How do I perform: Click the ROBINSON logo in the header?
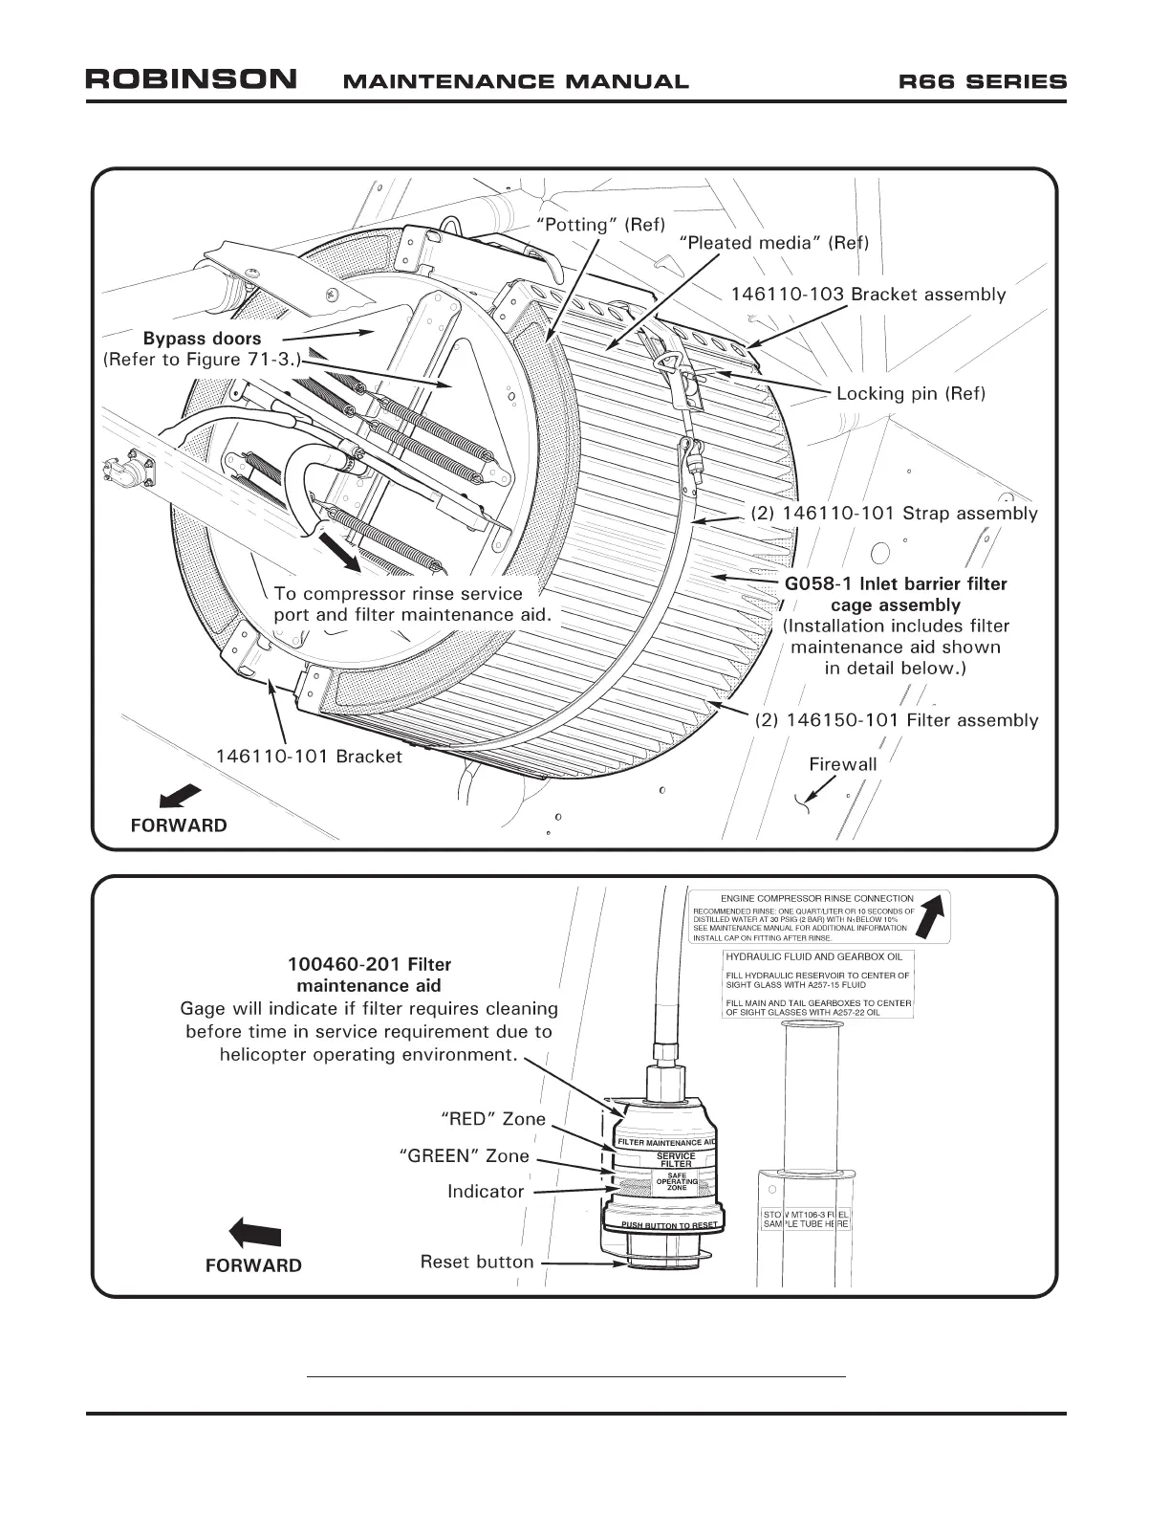(x=191, y=79)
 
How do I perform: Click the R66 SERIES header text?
(x=982, y=81)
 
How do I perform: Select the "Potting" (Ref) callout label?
(x=600, y=225)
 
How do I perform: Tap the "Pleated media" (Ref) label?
(x=773, y=243)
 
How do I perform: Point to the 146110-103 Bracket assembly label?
(x=868, y=295)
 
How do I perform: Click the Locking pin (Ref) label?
(x=910, y=393)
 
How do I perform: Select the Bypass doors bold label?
(x=202, y=339)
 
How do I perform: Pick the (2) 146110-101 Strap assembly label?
(x=894, y=514)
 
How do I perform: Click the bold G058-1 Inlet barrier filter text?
(x=896, y=583)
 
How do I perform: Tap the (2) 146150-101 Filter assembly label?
(x=897, y=720)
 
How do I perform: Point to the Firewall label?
(x=842, y=763)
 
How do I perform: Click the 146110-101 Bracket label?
(x=309, y=757)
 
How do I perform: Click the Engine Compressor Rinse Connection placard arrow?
(x=936, y=917)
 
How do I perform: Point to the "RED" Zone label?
(x=493, y=1119)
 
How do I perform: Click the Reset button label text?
(x=477, y=1262)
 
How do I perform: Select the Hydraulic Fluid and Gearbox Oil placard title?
(x=813, y=956)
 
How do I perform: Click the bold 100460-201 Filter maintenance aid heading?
(x=369, y=975)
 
